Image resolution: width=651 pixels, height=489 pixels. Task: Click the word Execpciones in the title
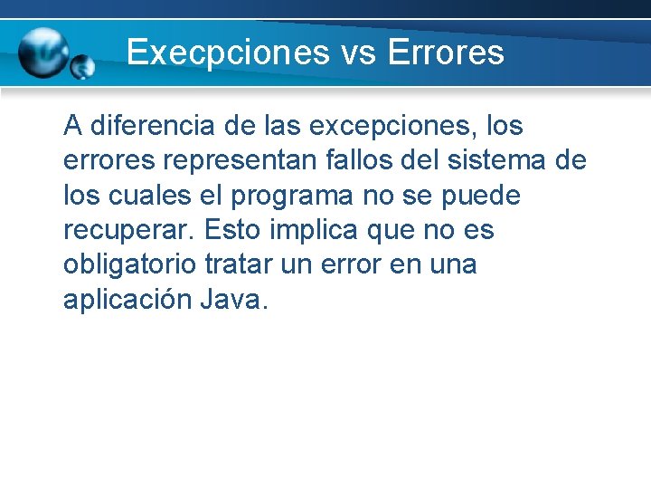pos(228,52)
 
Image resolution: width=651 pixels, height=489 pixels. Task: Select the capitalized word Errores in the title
pos(445,52)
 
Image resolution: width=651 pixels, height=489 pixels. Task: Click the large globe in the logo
pos(43,53)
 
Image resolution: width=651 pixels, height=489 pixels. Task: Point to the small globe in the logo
pos(82,66)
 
